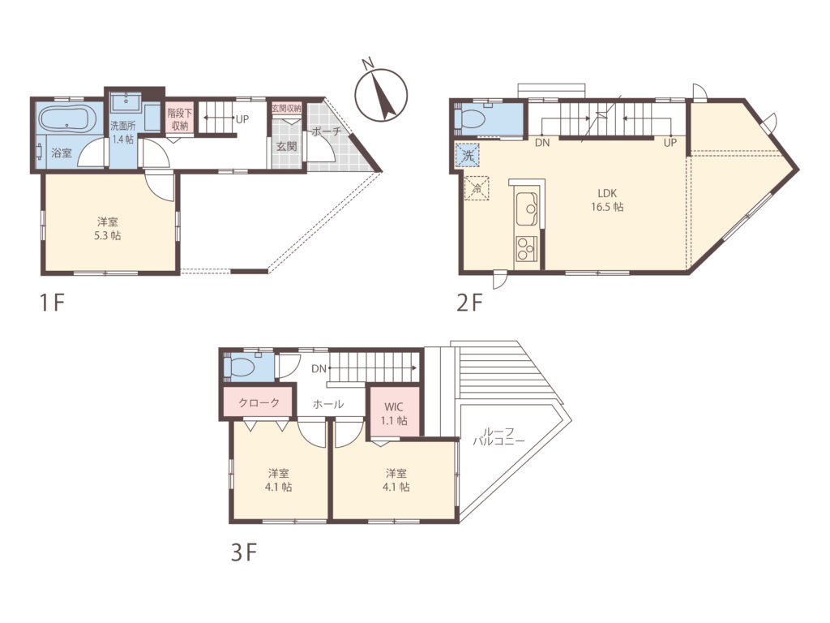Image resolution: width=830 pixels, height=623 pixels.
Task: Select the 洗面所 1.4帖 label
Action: click(123, 133)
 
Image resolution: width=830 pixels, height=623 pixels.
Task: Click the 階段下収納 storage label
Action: click(180, 119)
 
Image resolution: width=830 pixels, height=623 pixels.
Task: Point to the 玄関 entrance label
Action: click(286, 146)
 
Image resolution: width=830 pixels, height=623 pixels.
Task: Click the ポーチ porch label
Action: click(326, 131)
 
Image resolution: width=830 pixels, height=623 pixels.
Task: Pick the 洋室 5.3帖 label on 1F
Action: click(108, 228)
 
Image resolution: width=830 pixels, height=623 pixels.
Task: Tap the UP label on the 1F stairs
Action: click(242, 119)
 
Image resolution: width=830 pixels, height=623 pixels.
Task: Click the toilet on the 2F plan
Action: click(471, 118)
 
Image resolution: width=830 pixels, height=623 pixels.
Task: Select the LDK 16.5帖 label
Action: click(607, 200)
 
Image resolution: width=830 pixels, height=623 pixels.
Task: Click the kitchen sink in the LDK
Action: click(527, 209)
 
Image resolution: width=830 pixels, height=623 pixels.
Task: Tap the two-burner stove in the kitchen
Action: click(527, 248)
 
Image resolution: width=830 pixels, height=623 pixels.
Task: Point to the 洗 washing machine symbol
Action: click(468, 156)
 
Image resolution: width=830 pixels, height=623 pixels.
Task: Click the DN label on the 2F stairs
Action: click(542, 143)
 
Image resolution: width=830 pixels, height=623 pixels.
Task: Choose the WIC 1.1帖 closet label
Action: click(395, 414)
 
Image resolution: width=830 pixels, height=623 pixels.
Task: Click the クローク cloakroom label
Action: click(259, 403)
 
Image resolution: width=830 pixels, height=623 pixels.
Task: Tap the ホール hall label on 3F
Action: click(328, 404)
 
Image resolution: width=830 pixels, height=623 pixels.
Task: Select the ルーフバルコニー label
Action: click(498, 436)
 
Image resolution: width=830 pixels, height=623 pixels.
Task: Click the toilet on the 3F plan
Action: click(240, 367)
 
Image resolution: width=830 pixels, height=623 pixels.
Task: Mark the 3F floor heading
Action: click(243, 553)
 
